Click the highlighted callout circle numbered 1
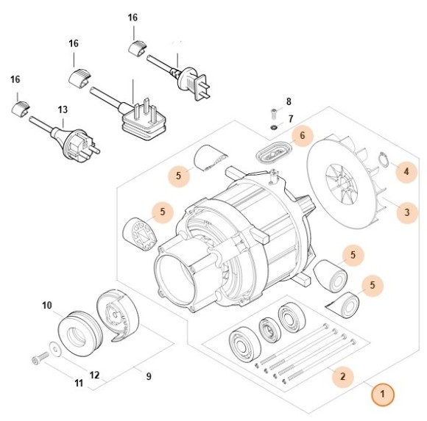click(x=382, y=395)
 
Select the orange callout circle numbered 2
click(x=341, y=377)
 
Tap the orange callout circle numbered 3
click(x=404, y=214)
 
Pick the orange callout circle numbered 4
click(x=404, y=172)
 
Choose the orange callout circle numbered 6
click(x=300, y=135)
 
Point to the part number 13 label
click(x=63, y=109)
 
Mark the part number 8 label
click(x=289, y=101)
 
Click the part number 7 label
click(x=290, y=118)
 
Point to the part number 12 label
click(x=94, y=375)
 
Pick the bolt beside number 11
click(x=39, y=359)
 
